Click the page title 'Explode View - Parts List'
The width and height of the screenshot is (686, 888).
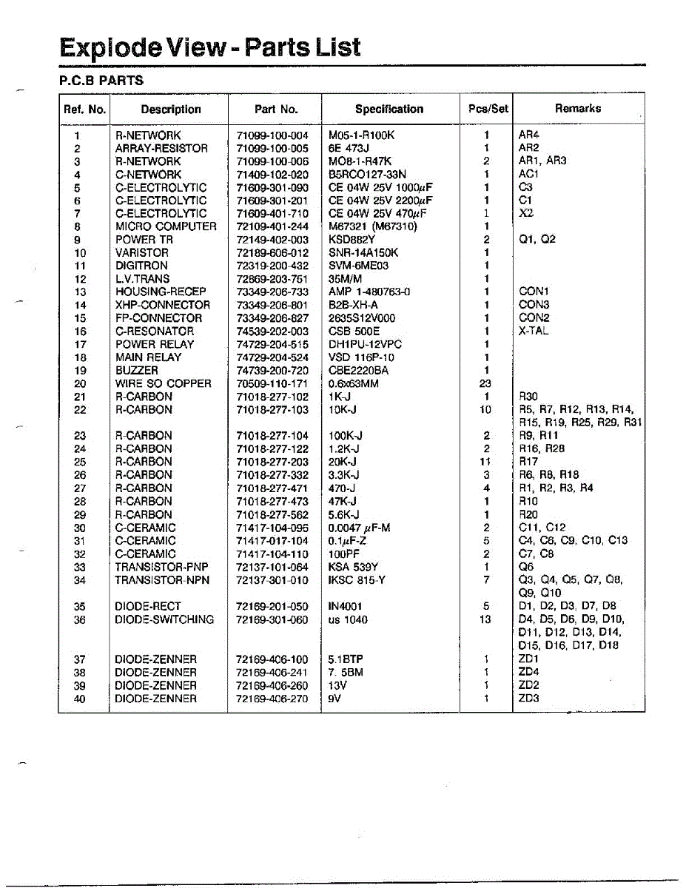pyautogui.click(x=210, y=47)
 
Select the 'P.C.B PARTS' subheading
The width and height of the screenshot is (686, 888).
pyautogui.click(x=101, y=80)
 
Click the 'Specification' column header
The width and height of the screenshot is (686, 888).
pyautogui.click(x=389, y=109)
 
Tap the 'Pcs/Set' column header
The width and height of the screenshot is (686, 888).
pyautogui.click(x=488, y=109)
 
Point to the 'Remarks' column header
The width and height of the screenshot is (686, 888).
pyautogui.click(x=578, y=108)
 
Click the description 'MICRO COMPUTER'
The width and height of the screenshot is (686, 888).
pyautogui.click(x=166, y=226)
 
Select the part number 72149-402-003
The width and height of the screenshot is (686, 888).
pyautogui.click(x=272, y=240)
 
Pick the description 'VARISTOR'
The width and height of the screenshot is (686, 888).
pyautogui.click(x=141, y=252)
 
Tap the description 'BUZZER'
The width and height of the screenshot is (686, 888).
pyautogui.click(x=137, y=370)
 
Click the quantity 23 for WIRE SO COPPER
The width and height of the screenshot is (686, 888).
pyautogui.click(x=486, y=383)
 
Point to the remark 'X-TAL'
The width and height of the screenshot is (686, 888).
pyautogui.click(x=534, y=331)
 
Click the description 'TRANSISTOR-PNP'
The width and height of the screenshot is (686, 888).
pyautogui.click(x=161, y=567)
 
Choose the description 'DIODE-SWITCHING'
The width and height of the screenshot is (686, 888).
pyautogui.click(x=164, y=619)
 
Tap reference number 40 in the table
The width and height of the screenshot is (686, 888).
pyautogui.click(x=81, y=699)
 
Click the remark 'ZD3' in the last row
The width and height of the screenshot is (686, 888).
pyautogui.click(x=529, y=699)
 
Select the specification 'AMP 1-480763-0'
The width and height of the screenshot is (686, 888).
pyautogui.click(x=369, y=292)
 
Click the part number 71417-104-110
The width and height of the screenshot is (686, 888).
pyautogui.click(x=272, y=554)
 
